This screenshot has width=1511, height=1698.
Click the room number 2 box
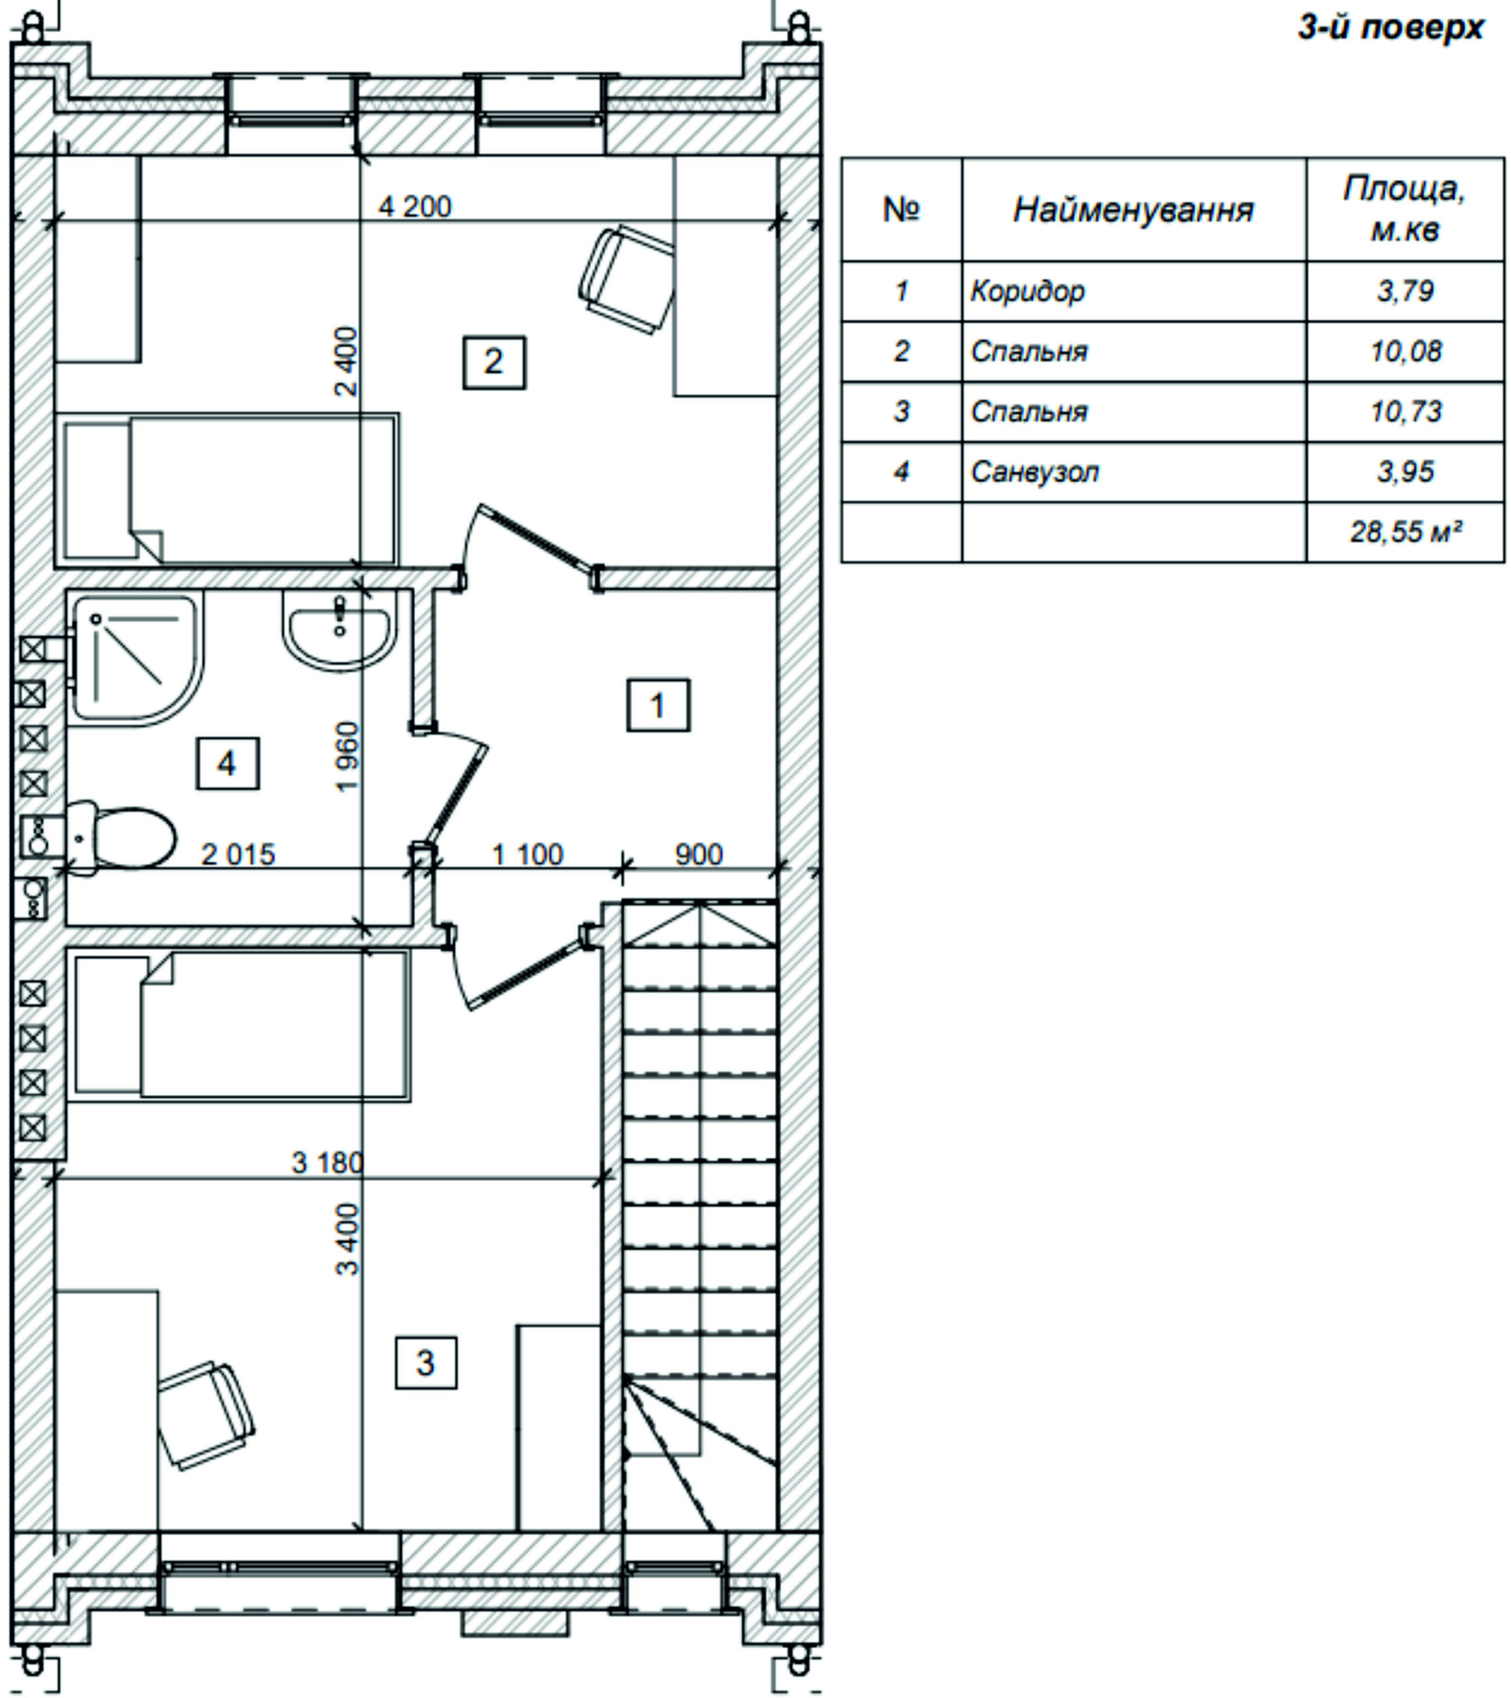[493, 362]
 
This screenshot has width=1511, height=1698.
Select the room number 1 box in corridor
[658, 705]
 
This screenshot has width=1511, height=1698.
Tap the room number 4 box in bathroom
[228, 763]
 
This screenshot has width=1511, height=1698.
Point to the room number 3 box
[425, 1362]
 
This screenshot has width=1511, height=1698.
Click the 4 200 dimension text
[415, 206]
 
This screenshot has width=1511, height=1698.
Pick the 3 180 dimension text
[327, 1162]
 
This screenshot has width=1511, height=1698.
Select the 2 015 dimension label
[238, 855]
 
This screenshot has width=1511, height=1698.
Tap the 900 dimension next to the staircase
[698, 855]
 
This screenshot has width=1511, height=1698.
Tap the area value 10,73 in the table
[1406, 412]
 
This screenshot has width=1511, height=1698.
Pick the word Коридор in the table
[1027, 292]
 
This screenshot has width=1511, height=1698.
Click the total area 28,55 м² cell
[1406, 532]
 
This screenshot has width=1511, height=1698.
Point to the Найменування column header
[1134, 210]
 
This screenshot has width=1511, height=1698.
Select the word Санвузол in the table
[1035, 472]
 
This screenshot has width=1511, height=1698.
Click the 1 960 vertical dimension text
[347, 757]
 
